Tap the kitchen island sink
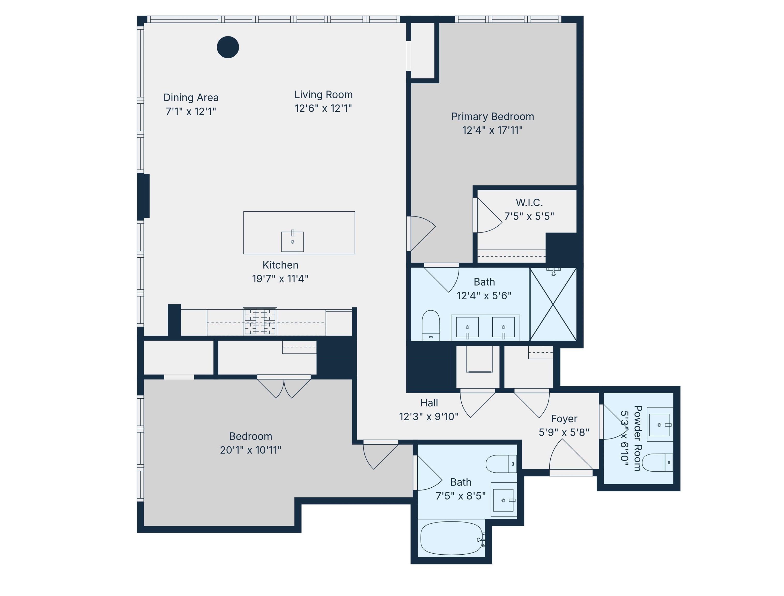[x=292, y=242]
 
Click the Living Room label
[x=323, y=95]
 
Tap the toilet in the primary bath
[x=430, y=325]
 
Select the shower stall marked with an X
[x=553, y=304]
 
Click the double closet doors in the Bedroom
[x=284, y=388]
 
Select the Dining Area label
[x=191, y=98]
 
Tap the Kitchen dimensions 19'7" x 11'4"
[x=280, y=279]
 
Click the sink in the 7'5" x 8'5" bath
[x=503, y=500]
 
